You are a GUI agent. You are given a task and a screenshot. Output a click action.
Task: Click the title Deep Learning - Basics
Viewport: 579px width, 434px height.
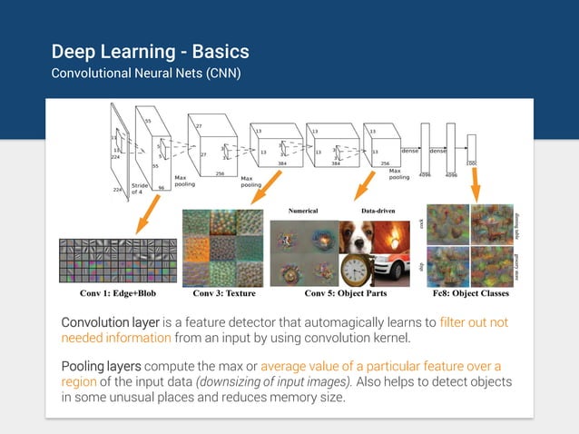tap(150, 51)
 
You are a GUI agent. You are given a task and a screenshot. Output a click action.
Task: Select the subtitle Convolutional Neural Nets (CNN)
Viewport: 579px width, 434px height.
tap(146, 74)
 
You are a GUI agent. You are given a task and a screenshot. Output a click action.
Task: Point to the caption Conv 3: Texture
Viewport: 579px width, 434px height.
tap(224, 293)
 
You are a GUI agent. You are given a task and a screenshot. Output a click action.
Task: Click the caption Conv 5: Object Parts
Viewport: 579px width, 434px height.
tap(344, 293)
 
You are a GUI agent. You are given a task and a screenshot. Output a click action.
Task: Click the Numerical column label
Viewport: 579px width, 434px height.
tap(302, 211)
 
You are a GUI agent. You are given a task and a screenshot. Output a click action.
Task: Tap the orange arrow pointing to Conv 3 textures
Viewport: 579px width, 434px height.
tap(262, 189)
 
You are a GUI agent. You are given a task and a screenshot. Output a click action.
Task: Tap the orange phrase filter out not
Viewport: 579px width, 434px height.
tap(474, 323)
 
